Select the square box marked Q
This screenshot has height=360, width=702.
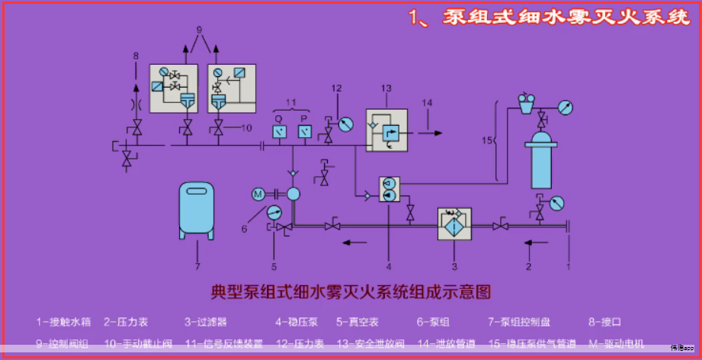278,132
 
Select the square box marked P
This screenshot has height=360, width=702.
303,132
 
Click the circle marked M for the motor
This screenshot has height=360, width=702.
258,194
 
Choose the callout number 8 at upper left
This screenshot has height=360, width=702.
136,56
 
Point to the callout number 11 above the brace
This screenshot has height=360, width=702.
290,102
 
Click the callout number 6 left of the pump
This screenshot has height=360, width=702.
245,227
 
